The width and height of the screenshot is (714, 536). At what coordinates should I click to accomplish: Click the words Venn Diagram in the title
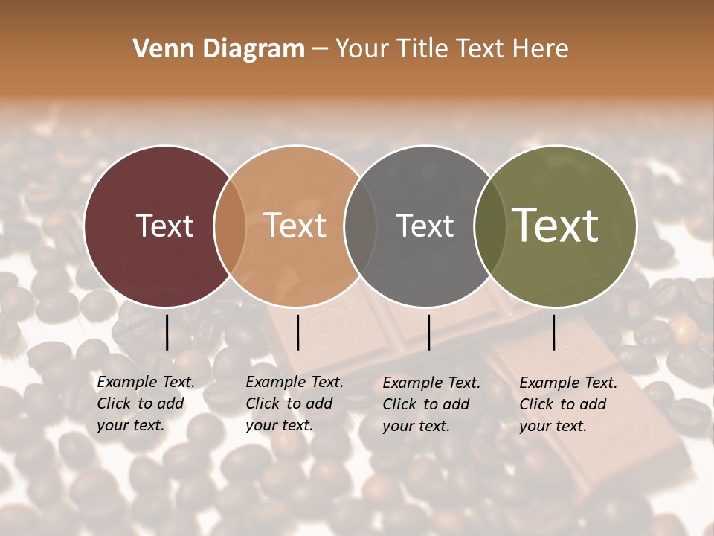(219, 49)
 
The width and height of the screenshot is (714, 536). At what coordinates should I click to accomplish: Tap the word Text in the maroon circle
(164, 226)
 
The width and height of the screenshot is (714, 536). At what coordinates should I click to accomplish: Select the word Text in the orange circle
(295, 226)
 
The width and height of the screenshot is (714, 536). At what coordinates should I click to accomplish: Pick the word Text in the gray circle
(425, 226)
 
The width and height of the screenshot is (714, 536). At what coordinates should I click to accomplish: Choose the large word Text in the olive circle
(556, 226)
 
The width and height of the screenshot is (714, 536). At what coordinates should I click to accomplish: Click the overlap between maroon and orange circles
(230, 226)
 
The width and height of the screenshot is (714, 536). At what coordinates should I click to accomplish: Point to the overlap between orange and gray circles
(360, 226)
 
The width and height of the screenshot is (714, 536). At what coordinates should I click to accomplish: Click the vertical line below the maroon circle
(167, 332)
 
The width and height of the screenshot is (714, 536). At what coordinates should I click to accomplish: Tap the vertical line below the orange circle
(297, 332)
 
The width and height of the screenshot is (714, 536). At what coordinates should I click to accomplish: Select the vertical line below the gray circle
(428, 332)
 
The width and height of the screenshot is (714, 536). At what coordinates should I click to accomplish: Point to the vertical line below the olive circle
(554, 332)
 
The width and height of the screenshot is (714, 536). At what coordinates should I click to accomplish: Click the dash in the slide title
(320, 49)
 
